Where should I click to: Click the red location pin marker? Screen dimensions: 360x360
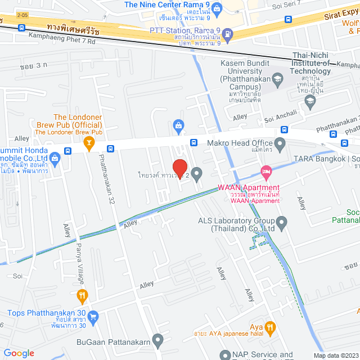[179, 168]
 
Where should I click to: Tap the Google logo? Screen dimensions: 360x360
[19, 353]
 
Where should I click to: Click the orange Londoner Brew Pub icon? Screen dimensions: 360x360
[88, 143]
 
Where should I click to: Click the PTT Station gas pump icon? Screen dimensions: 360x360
[227, 33]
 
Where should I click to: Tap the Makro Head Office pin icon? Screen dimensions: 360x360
[280, 143]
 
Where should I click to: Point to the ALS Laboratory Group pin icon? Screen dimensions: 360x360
[282, 224]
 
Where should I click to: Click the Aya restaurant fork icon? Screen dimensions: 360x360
[271, 327]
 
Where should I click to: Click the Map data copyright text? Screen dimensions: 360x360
[335, 355]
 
